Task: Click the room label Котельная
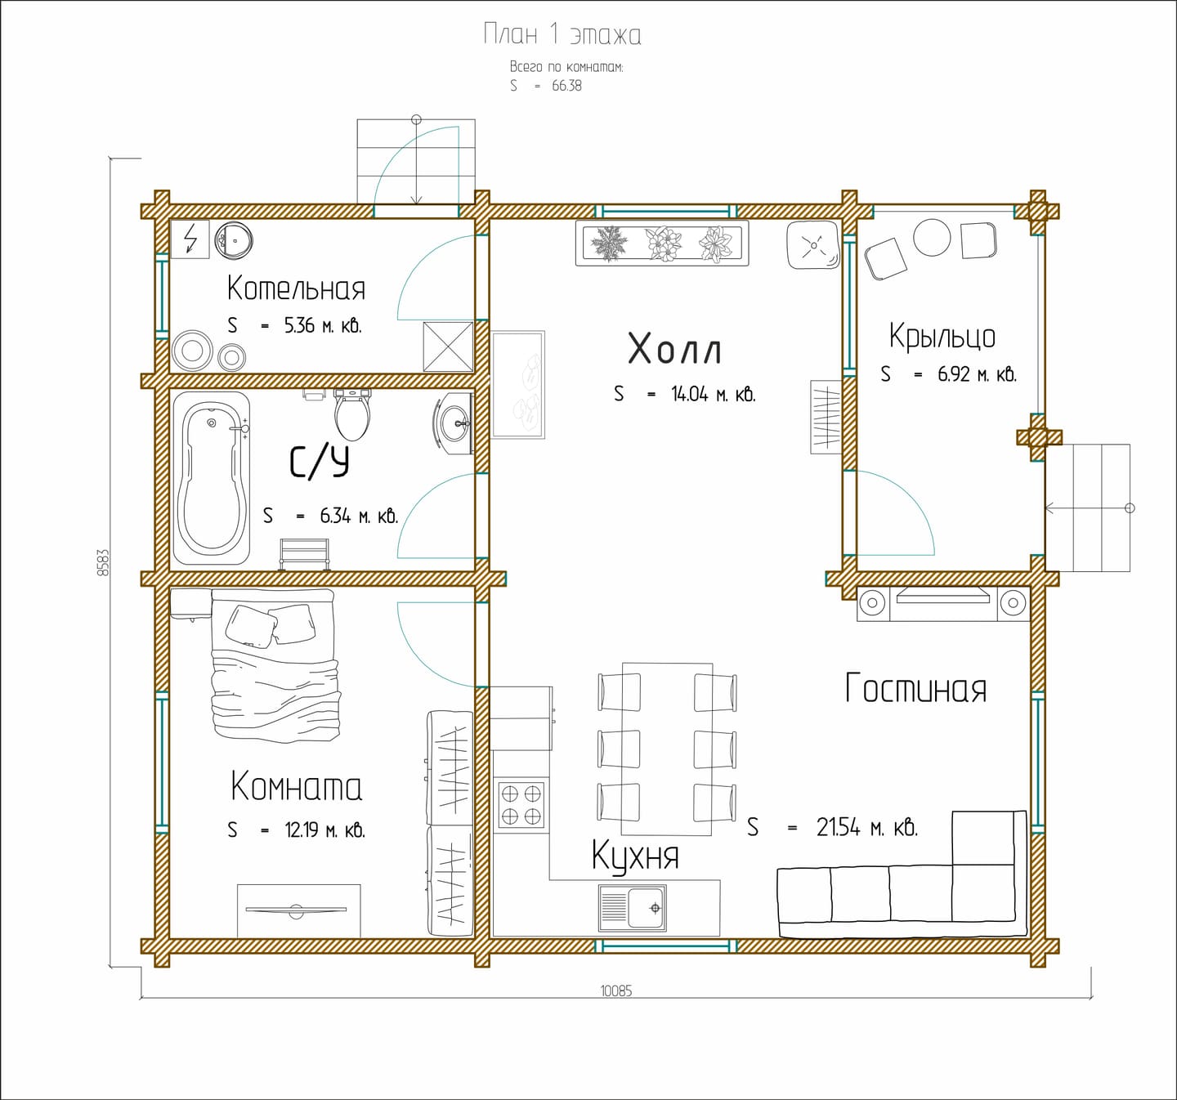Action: (x=296, y=288)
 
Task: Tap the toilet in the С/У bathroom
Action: (x=352, y=414)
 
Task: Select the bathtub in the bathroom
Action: (x=212, y=478)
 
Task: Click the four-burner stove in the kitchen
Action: (x=521, y=804)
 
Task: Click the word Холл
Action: (x=674, y=349)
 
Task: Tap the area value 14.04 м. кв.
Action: (x=714, y=394)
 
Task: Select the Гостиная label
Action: (x=915, y=688)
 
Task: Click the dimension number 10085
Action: (x=616, y=991)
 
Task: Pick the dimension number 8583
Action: (x=103, y=563)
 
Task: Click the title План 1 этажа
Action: (x=562, y=34)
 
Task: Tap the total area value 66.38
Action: (x=566, y=86)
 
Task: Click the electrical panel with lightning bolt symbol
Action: (x=190, y=239)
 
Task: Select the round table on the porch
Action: (x=932, y=238)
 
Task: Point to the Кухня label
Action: (x=635, y=856)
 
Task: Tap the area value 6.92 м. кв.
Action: (x=978, y=374)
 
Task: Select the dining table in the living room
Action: (x=667, y=749)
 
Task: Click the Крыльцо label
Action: (x=942, y=336)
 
